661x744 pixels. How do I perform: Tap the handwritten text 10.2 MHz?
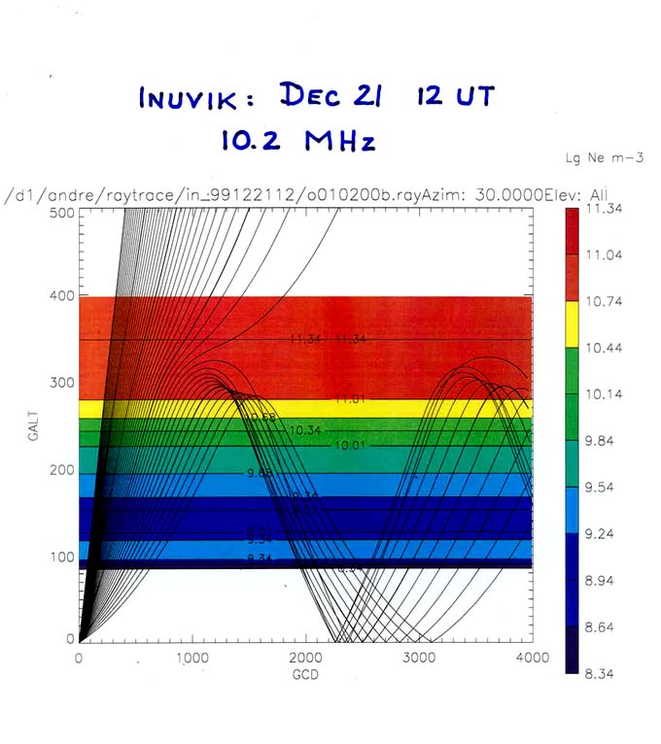[x=296, y=141]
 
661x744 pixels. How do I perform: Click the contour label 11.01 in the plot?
[x=349, y=399]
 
